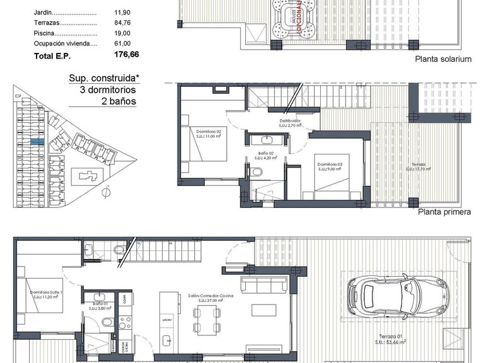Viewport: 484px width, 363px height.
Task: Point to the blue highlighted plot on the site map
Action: tap(37, 143)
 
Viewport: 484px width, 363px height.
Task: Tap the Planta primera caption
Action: tap(444, 212)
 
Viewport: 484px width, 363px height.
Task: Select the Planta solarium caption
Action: tap(442, 59)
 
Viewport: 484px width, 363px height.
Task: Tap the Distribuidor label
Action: tap(291, 120)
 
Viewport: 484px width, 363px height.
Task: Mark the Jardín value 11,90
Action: tap(122, 11)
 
